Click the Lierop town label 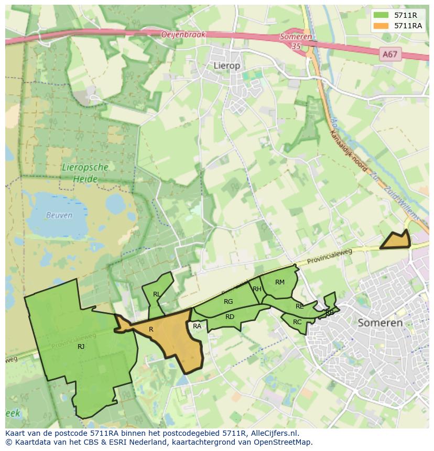(x=227, y=65)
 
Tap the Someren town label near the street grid (x=380, y=323)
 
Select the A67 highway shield (x=389, y=54)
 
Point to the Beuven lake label (x=59, y=215)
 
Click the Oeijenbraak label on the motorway (x=183, y=35)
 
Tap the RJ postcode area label (x=81, y=347)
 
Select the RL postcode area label (x=157, y=294)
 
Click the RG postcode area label (x=228, y=302)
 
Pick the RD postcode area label (x=230, y=317)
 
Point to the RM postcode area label (x=280, y=282)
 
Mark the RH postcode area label (x=257, y=289)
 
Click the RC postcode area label (x=297, y=322)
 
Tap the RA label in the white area (x=197, y=326)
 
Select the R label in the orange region (x=151, y=329)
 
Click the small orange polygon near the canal (x=396, y=241)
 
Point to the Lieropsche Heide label (x=85, y=173)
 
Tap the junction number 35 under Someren (x=297, y=46)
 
